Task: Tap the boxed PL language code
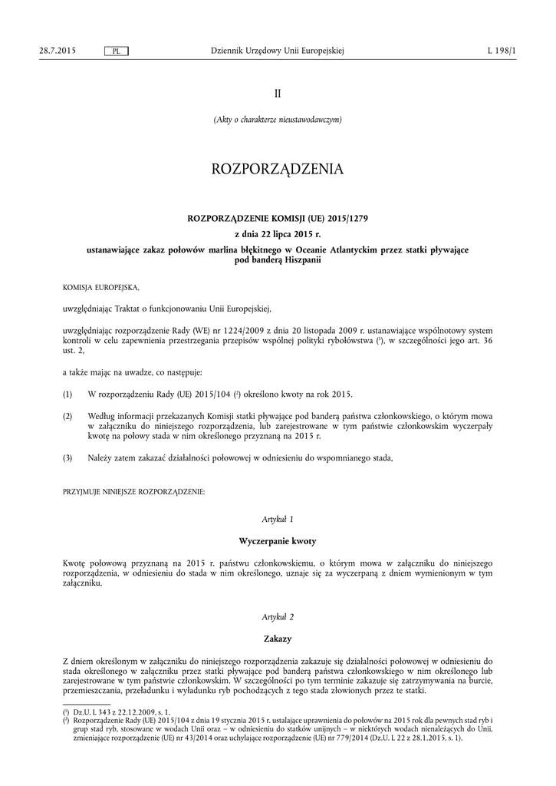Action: [x=116, y=51]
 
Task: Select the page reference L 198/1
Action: [x=502, y=51]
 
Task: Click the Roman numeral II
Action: [x=278, y=94]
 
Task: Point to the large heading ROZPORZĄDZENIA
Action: [x=278, y=168]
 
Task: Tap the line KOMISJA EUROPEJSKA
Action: [x=101, y=287]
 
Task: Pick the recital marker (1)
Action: [x=67, y=395]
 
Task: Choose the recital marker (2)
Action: [x=67, y=416]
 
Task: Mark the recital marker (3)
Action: [x=67, y=458]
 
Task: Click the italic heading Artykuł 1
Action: [x=278, y=520]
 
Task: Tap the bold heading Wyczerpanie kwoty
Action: [x=278, y=541]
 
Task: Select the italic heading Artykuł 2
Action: [x=278, y=616]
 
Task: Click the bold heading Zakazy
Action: [x=278, y=638]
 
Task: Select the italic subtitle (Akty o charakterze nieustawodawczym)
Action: [x=278, y=120]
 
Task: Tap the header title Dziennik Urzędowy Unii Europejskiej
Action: [x=278, y=51]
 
